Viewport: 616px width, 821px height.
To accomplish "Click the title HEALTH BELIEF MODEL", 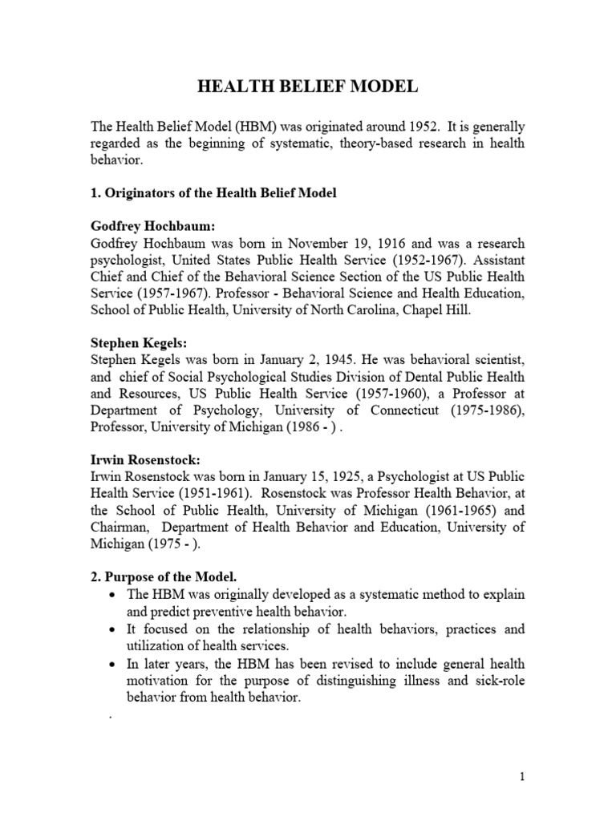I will click(308, 87).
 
